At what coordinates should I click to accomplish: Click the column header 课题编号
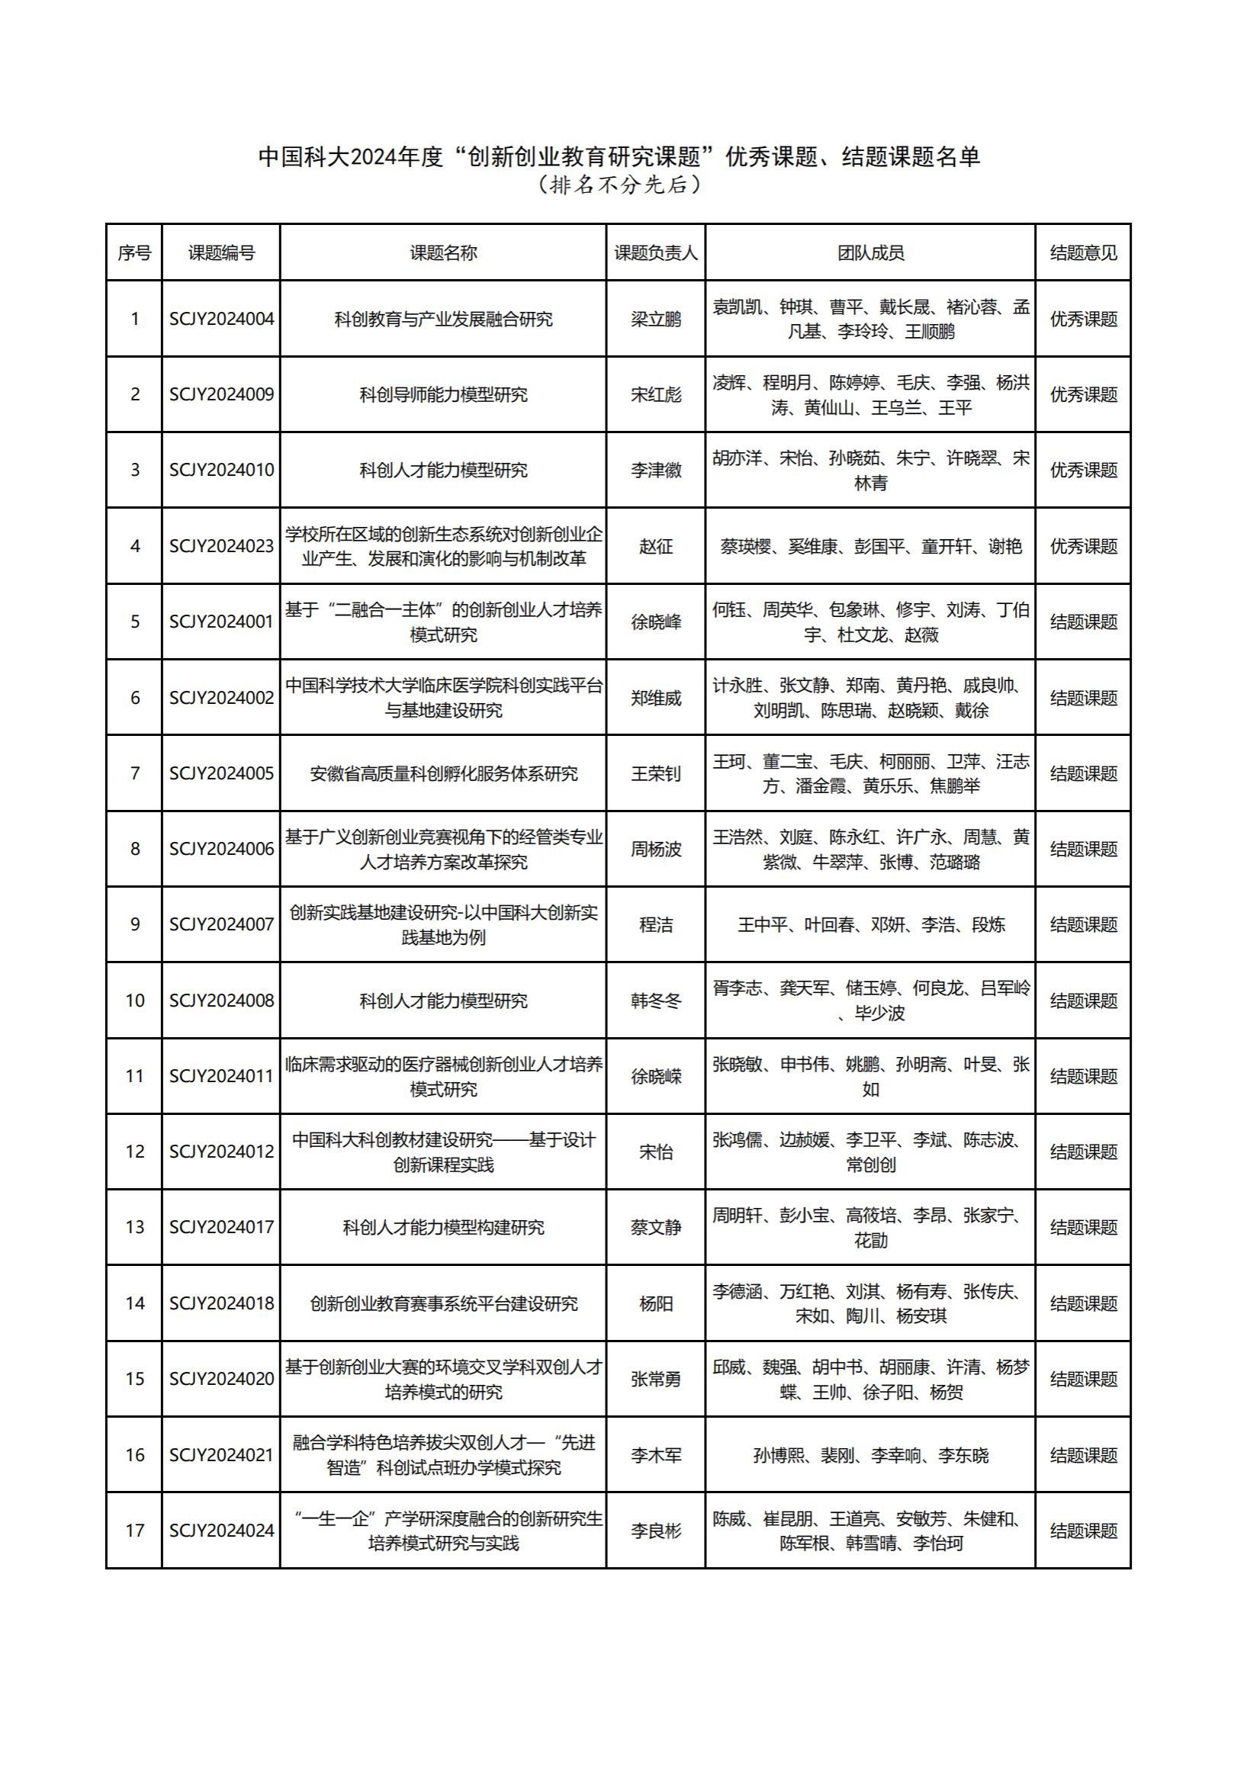221,253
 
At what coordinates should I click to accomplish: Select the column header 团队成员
870,253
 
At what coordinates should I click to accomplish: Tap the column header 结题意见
1083,253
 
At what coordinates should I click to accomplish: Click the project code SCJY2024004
221,320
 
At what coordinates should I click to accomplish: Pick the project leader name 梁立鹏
656,320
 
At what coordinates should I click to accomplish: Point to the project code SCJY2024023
221,546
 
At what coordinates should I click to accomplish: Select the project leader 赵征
656,546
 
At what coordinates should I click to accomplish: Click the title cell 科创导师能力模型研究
443,394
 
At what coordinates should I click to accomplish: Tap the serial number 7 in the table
134,773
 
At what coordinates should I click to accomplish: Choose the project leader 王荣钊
656,773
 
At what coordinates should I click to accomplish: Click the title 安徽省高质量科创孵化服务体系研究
443,773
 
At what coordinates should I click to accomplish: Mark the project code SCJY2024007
221,924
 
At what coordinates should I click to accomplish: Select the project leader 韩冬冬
656,1001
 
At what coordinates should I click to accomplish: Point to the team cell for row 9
870,924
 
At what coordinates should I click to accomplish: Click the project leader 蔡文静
656,1227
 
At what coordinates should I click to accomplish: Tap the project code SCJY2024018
221,1303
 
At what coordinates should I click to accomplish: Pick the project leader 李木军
656,1454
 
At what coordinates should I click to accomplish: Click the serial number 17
134,1531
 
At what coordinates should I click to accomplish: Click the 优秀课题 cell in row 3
1083,470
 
